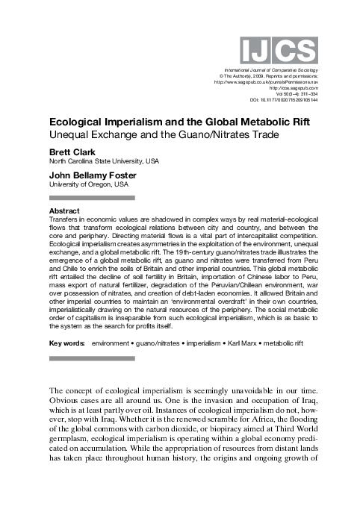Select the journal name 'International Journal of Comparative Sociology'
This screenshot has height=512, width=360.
(266, 69)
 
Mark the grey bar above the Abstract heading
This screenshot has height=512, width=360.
(92, 198)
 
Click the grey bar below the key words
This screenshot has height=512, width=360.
(92, 360)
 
